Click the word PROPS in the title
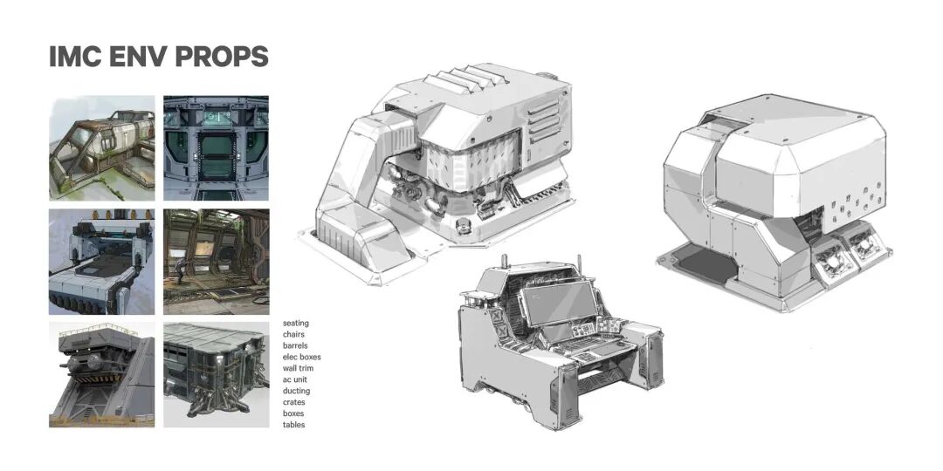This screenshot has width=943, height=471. coord(221,57)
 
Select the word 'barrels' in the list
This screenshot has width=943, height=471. coord(295,345)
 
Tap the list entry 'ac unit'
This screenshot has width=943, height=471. coord(295,379)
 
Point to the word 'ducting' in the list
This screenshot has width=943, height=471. coord(296,391)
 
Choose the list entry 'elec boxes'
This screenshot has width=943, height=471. coord(302,357)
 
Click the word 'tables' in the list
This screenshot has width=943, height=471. coord(294,425)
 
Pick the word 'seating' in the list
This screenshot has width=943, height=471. coord(296,324)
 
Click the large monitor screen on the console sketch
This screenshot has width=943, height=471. coord(559,304)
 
